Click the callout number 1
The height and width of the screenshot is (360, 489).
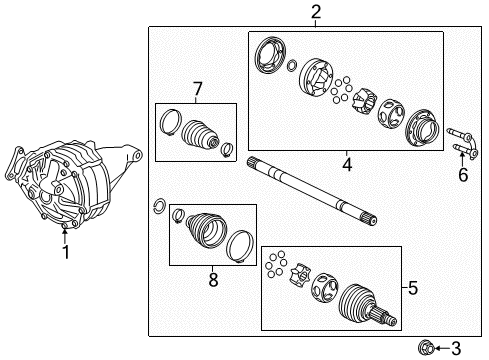65,252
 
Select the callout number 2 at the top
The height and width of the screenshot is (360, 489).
316,12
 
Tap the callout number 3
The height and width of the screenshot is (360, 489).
457,347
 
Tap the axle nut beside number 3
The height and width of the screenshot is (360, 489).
428,347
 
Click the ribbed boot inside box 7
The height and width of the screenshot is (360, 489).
201,136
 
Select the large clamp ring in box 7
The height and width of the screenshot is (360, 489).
170,124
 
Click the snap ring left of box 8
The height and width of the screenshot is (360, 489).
158,207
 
